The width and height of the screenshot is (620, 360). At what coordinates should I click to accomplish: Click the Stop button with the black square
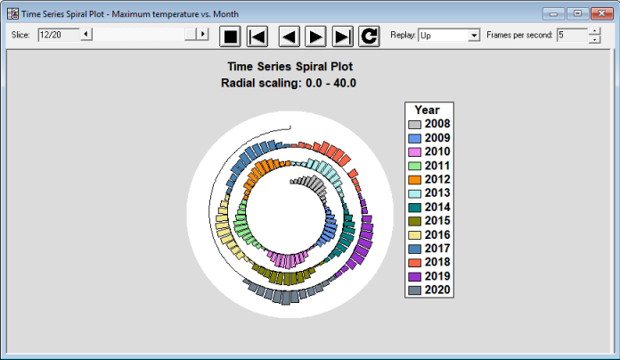[x=230, y=37]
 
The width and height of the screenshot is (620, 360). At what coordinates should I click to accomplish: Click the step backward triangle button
[x=289, y=37]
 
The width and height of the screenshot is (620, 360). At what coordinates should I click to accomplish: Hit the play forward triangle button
[x=315, y=37]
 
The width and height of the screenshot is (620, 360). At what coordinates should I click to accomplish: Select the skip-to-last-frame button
[x=342, y=37]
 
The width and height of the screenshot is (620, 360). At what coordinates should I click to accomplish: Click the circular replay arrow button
[x=369, y=37]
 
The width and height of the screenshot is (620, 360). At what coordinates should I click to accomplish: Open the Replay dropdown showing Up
[x=449, y=36]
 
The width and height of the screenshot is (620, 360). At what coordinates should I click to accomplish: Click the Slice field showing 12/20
[x=59, y=35]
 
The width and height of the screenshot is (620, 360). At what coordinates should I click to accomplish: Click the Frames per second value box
[x=572, y=35]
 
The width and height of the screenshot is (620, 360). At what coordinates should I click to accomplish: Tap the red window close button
[x=601, y=13]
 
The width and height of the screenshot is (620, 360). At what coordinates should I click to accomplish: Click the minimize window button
[x=553, y=13]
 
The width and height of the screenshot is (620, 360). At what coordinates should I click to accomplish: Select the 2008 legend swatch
[x=414, y=125]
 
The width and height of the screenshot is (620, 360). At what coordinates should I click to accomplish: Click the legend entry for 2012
[x=429, y=179]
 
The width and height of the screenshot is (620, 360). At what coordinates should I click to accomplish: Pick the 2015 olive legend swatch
[x=414, y=222]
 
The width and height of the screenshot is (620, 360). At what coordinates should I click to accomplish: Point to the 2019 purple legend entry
[x=429, y=276]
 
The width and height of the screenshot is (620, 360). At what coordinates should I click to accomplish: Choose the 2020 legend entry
[x=429, y=290]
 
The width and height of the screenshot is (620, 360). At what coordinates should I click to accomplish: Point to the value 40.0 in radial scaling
[x=345, y=83]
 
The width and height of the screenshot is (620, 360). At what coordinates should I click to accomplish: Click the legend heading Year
[x=427, y=110]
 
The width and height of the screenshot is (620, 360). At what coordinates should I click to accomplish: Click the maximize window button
[x=577, y=13]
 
